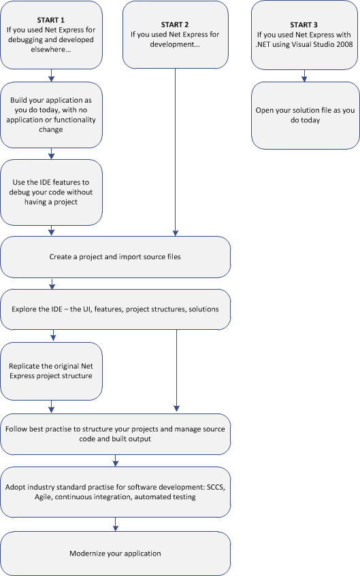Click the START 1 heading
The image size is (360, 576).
coord(52,20)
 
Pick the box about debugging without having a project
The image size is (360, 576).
coord(52,192)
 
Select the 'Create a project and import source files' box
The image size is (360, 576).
coord(116,257)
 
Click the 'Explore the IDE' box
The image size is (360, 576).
coord(116,309)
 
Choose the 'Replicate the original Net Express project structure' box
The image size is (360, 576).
coord(52,371)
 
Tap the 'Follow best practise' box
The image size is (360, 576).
coord(116,434)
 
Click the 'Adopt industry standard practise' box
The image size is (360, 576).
coord(116,492)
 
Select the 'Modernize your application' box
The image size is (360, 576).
coord(116,553)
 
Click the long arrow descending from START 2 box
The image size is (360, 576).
coord(176,150)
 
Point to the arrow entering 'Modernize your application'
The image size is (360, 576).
coord(116,524)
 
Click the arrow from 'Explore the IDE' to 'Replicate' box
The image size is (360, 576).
coord(51,335)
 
